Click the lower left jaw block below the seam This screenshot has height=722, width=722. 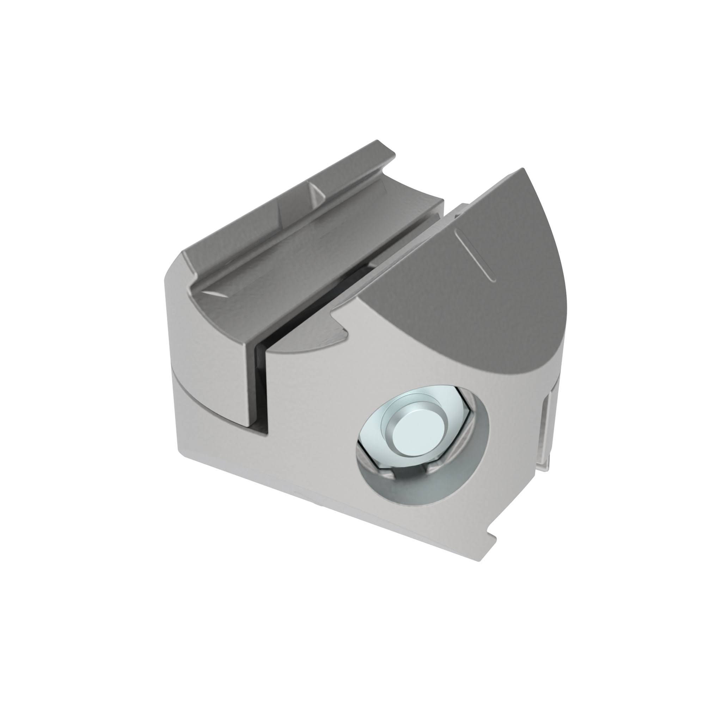pyautogui.click(x=209, y=411)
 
